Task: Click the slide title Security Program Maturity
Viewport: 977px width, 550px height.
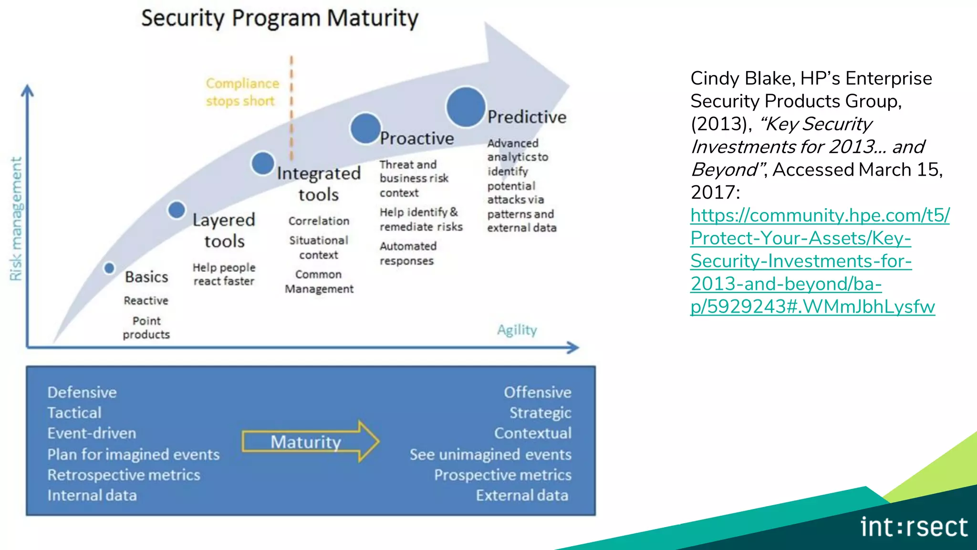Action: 280,19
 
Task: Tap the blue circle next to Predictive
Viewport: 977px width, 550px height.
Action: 465,107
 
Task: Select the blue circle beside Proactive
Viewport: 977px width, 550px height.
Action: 365,128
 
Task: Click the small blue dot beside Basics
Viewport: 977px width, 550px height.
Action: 109,268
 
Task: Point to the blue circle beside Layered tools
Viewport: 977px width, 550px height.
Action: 177,210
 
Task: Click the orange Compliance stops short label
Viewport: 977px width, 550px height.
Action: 242,92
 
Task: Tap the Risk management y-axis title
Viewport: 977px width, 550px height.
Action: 16,219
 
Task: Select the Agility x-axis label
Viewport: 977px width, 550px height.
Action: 517,330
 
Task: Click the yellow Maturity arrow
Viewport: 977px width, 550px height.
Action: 310,442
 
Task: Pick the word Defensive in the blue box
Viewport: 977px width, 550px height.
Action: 82,392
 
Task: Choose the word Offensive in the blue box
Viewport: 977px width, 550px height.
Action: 537,392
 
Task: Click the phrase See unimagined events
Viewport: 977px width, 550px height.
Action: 490,455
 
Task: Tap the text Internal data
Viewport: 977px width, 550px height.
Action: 92,496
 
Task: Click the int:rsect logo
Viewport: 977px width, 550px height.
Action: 914,527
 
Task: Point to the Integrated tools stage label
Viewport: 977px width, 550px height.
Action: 319,184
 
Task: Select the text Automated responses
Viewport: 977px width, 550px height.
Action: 408,254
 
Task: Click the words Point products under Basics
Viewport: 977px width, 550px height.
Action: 146,328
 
